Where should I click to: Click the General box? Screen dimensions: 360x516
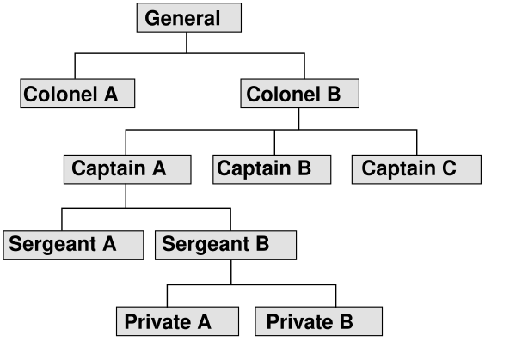188,18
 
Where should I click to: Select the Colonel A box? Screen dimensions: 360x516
77,94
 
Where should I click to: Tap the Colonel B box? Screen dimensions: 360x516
299,94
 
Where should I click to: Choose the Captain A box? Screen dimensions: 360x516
127,168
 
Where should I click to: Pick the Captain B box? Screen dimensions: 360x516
272,168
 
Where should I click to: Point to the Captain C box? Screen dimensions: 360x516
416,168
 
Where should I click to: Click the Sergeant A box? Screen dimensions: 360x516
73,244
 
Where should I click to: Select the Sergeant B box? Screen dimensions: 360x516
225,244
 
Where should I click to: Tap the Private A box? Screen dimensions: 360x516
177,321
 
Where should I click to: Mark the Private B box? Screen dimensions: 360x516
318,321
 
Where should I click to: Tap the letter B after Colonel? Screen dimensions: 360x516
334,94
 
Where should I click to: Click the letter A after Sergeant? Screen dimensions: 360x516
108,244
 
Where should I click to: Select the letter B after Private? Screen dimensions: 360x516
345,321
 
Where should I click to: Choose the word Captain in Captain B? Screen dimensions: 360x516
253,168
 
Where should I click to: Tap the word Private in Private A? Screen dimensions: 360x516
157,321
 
